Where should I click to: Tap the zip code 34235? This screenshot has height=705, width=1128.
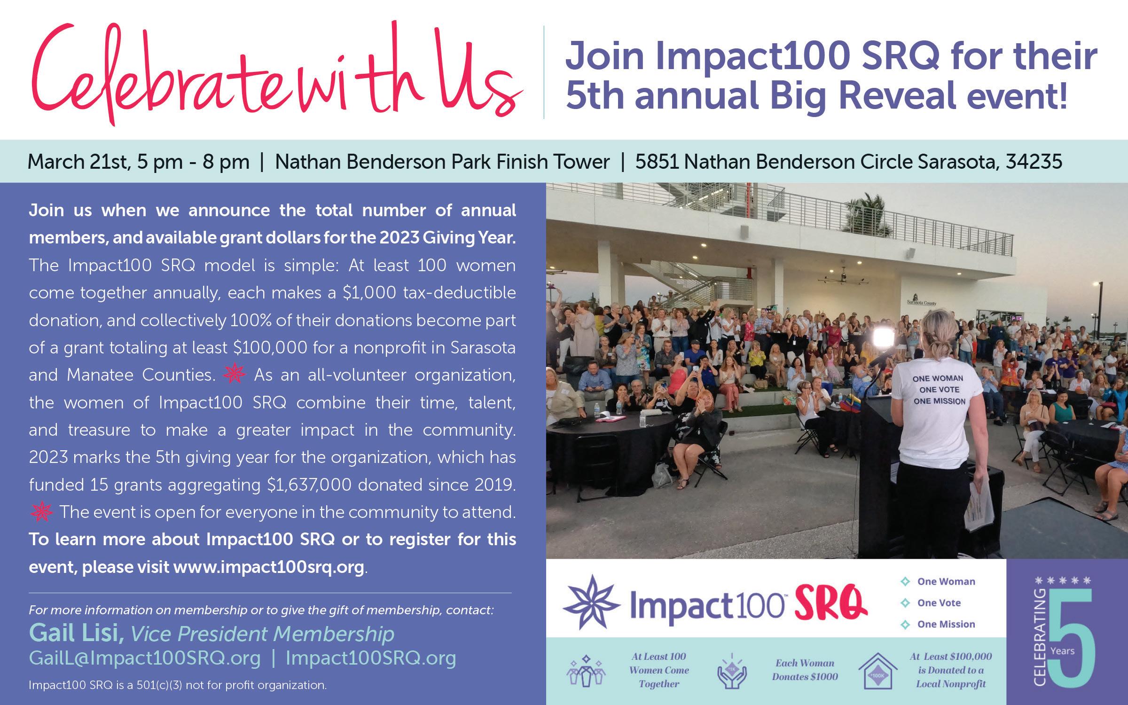tap(1034, 162)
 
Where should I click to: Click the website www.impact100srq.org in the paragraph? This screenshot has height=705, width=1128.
tap(269, 567)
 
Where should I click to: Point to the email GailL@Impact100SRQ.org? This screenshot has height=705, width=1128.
tap(145, 658)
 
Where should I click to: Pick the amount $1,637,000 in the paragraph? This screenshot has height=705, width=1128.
tap(309, 485)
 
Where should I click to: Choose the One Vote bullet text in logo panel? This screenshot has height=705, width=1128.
tap(939, 603)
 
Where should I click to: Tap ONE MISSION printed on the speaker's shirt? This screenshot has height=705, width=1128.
tap(940, 401)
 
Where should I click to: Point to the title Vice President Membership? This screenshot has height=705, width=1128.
tap(262, 634)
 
